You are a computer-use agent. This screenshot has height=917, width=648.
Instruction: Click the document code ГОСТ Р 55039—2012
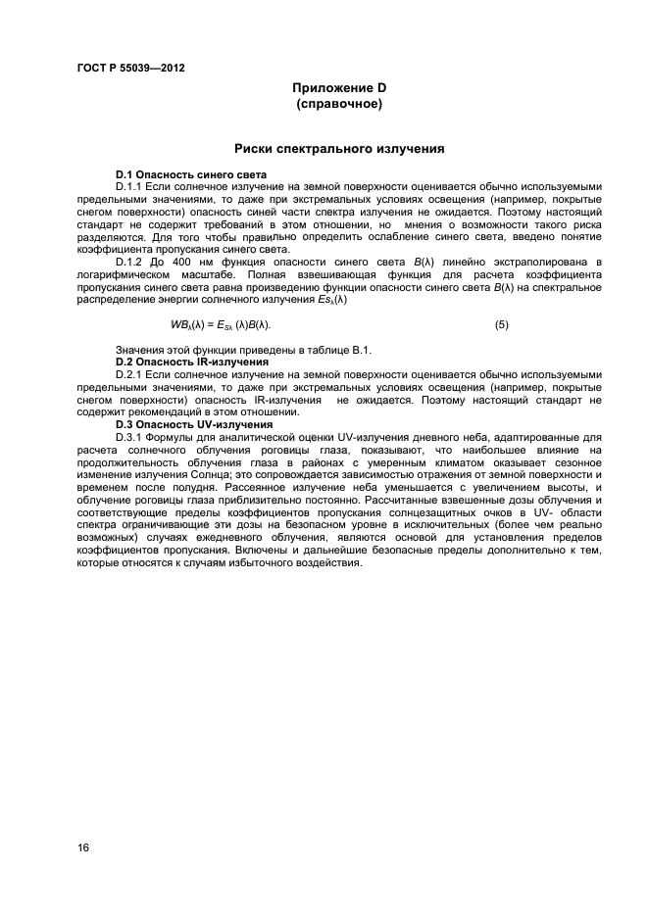(130, 68)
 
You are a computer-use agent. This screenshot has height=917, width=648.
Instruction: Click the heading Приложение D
(338, 88)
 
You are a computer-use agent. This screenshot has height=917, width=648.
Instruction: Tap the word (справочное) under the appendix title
(338, 103)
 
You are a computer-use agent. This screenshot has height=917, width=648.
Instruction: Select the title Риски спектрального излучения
(339, 150)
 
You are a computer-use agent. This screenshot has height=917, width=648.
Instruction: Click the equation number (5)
(501, 324)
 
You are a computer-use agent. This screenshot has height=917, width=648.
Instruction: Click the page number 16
(83, 848)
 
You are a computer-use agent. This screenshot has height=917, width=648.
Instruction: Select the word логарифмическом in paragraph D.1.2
(122, 274)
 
